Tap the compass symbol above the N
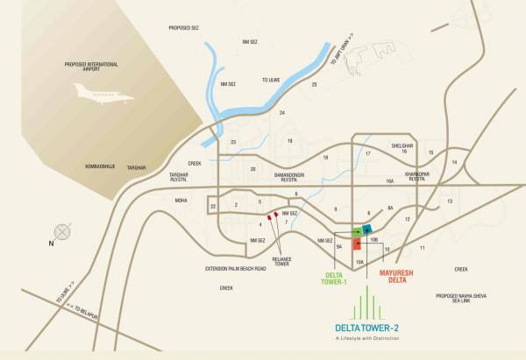click(62, 233)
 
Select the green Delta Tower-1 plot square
click(357, 232)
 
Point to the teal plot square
click(367, 229)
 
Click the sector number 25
click(313, 85)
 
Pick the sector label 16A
click(389, 182)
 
